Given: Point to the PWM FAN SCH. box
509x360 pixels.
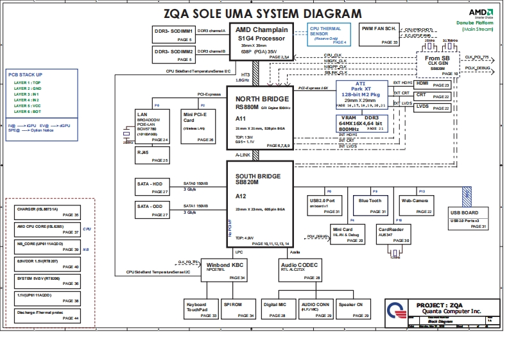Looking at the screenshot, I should click(x=378, y=35).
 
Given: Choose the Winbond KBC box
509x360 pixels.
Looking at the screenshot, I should click(x=223, y=269).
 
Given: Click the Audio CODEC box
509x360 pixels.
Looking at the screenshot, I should click(x=299, y=270).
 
